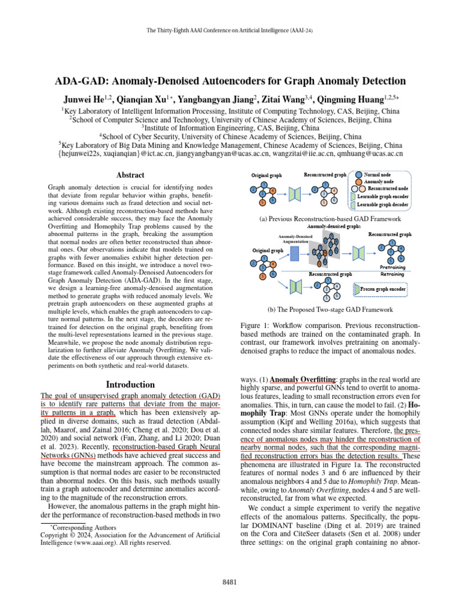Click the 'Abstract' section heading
[130, 175]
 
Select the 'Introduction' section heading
[130, 384]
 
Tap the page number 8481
[230, 582]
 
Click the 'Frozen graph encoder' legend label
[387, 289]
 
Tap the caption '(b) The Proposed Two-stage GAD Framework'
[330, 309]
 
